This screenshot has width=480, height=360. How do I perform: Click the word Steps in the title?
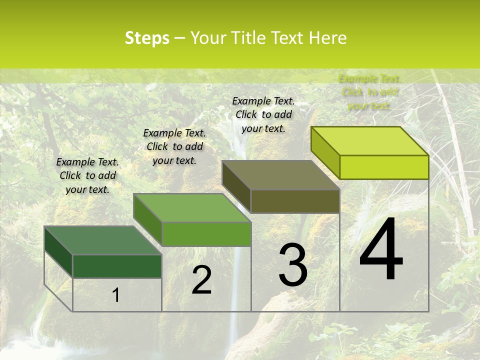(147, 38)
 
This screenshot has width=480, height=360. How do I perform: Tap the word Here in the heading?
(328, 38)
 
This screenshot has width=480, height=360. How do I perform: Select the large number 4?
(381, 250)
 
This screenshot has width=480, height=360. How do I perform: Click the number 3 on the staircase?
(293, 265)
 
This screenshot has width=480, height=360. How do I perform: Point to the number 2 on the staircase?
(201, 280)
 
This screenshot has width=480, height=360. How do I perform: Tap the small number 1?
(115, 295)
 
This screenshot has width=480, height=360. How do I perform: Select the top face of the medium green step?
(191, 207)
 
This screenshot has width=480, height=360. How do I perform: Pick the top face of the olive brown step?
(280, 175)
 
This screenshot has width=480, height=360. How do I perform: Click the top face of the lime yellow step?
(369, 141)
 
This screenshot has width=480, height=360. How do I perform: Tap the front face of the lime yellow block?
(384, 167)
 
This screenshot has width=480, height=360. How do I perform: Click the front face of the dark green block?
(117, 266)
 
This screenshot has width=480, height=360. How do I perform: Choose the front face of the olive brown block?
(295, 201)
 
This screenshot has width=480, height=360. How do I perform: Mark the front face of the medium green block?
(206, 234)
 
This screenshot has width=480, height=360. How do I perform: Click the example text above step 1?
(87, 175)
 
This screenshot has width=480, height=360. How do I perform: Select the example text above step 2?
(174, 146)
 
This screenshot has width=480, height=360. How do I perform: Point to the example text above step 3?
(263, 114)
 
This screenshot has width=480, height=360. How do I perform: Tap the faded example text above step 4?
(369, 92)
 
